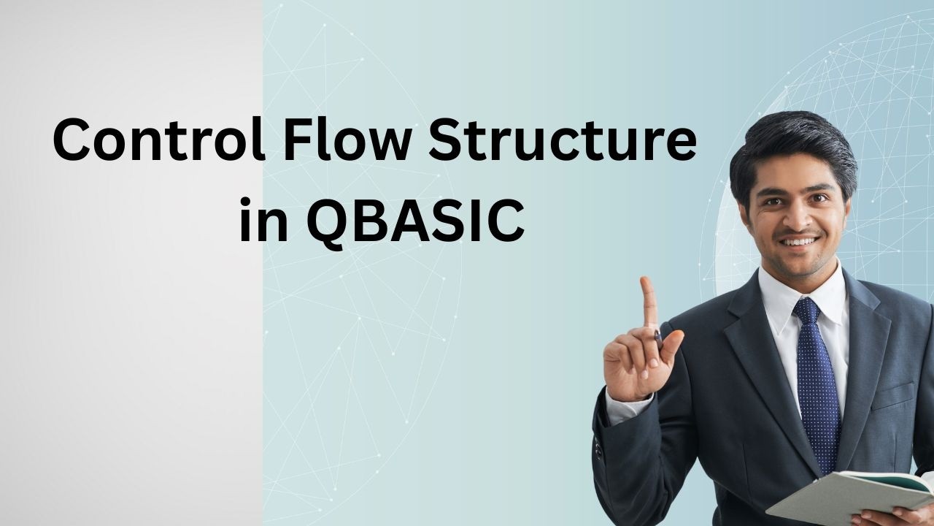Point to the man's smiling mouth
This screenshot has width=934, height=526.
800,240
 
